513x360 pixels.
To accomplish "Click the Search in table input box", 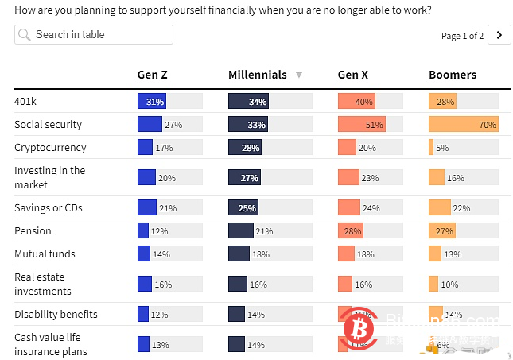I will [x=93, y=34].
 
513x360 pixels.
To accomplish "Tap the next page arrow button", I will [x=499, y=34].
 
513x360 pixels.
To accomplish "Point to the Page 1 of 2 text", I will [x=462, y=36].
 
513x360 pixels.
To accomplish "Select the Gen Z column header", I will [x=152, y=75].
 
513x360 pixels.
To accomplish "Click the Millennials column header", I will [x=257, y=75].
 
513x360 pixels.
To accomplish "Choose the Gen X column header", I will [x=353, y=75].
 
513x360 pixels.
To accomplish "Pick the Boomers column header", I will [x=453, y=75].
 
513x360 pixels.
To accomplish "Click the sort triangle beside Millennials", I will [x=299, y=75].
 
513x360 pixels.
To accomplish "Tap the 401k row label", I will [x=27, y=102].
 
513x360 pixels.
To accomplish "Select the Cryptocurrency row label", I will [x=50, y=148].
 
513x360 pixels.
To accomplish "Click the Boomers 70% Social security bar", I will [x=463, y=125].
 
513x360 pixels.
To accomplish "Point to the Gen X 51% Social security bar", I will [x=362, y=125].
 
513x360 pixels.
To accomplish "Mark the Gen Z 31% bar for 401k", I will [x=151, y=102].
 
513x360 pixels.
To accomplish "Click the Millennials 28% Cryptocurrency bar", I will [x=245, y=148].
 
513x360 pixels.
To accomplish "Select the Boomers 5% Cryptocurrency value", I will [x=442, y=148].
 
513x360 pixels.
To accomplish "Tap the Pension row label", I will [x=33, y=231].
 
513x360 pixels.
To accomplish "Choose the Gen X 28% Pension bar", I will [x=351, y=231].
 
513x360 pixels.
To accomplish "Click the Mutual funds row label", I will [x=45, y=254].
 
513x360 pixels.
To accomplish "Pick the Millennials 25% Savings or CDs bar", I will [x=243, y=208].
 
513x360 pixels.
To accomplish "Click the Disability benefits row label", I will [x=56, y=315].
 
